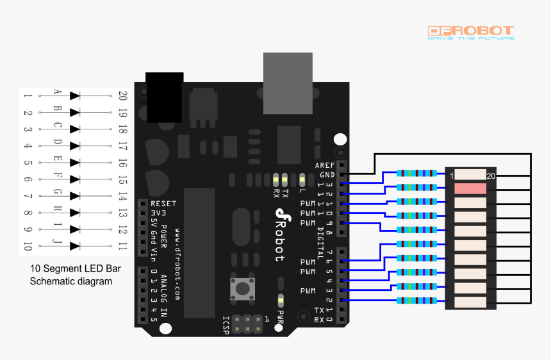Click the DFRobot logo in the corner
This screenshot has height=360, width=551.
470,33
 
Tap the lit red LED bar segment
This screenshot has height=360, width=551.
470,188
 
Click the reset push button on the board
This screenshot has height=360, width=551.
242,288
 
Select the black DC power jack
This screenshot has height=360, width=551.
165,97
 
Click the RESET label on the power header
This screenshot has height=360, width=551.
163,203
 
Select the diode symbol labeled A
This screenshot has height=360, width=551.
75,95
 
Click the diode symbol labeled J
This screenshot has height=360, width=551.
75,245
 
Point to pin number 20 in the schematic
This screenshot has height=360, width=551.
122,95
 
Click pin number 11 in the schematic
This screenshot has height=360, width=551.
122,246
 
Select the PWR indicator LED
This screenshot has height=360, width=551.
280,300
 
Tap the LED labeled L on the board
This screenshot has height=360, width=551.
302,179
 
